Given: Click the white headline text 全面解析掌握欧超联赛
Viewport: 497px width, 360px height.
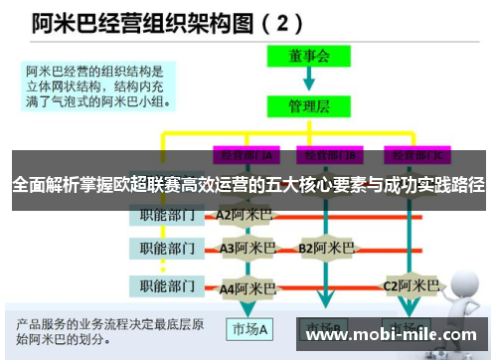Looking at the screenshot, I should pos(248,186).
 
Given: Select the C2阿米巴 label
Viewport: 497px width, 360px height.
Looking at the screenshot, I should pos(411,286).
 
